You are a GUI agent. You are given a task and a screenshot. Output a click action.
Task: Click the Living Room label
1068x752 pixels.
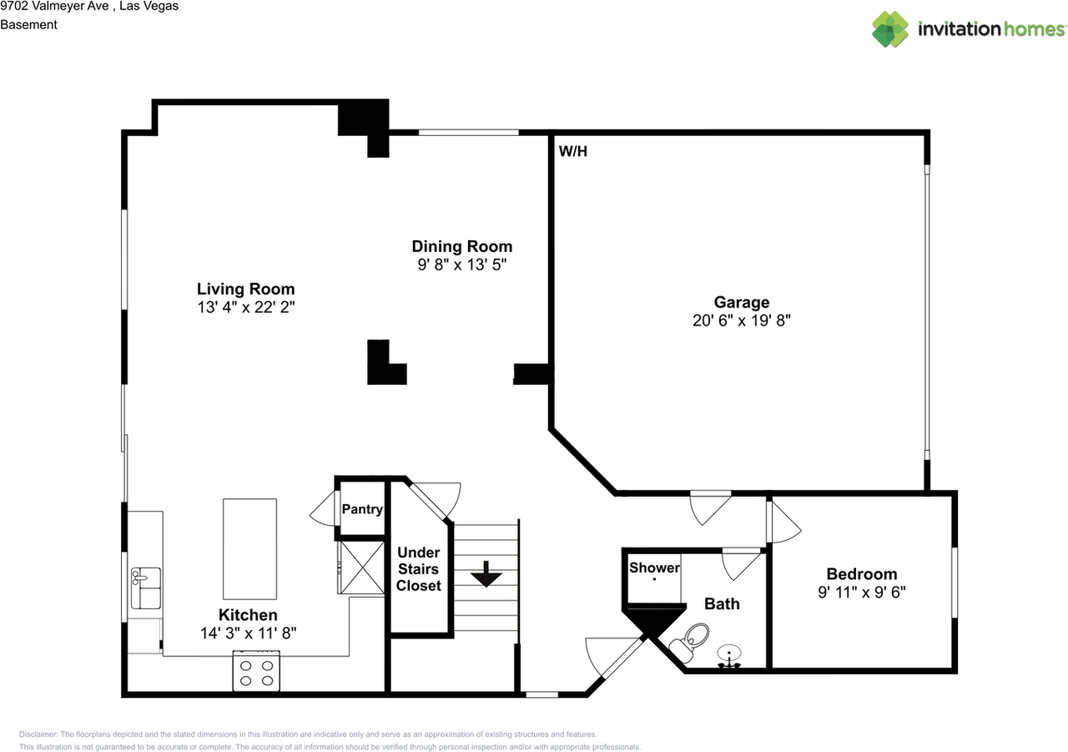(245, 289)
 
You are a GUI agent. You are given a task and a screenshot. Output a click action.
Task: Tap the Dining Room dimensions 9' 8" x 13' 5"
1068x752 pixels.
(461, 264)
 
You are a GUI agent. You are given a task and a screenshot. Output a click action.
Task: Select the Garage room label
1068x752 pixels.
(741, 302)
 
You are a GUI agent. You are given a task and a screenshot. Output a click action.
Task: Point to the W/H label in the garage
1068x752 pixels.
(572, 152)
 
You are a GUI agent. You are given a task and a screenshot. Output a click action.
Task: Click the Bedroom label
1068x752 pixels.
(862, 573)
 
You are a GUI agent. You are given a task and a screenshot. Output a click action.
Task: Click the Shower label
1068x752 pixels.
(654, 568)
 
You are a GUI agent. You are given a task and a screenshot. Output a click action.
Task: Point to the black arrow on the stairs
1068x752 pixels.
(485, 574)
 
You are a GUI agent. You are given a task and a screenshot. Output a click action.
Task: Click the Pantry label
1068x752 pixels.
(362, 509)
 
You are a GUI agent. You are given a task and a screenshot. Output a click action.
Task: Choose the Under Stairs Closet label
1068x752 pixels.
(418, 569)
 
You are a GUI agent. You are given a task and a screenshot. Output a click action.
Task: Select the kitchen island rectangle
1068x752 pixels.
(249, 545)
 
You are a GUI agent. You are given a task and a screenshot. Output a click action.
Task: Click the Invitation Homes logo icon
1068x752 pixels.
(889, 29)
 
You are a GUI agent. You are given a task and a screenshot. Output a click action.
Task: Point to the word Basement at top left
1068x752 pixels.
(28, 25)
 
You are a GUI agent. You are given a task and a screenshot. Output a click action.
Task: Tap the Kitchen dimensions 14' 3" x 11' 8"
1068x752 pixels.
(249, 633)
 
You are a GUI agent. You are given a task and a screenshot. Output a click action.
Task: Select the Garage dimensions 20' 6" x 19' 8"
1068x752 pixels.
(741, 320)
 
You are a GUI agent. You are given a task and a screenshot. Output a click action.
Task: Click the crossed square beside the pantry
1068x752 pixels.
(360, 568)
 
